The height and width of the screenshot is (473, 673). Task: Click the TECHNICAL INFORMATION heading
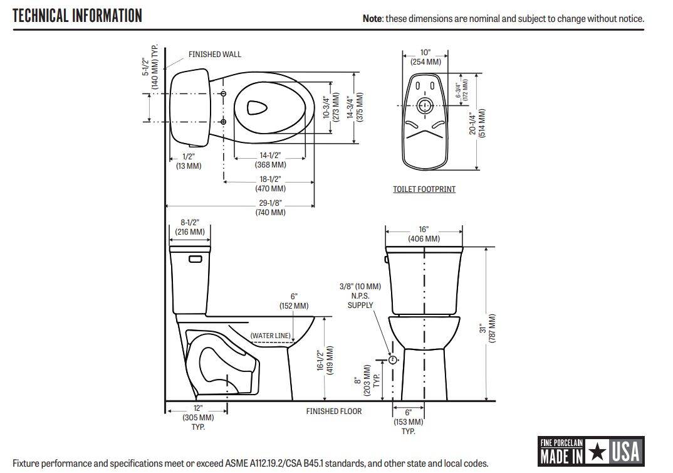pyautogui.click(x=78, y=16)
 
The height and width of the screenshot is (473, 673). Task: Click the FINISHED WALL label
pyautogui.click(x=214, y=55)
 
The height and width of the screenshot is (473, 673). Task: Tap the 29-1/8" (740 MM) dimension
pyautogui.click(x=270, y=208)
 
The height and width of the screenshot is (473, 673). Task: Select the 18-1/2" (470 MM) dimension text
pyautogui.click(x=270, y=184)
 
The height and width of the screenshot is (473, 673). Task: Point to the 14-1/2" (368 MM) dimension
pyautogui.click(x=270, y=160)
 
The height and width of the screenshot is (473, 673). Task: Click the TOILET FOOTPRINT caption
pyautogui.click(x=424, y=189)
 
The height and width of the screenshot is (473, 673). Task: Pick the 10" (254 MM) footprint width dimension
pyautogui.click(x=425, y=57)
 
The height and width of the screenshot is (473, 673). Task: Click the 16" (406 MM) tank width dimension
pyautogui.click(x=424, y=234)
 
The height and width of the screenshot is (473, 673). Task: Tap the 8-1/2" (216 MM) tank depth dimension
pyautogui.click(x=189, y=227)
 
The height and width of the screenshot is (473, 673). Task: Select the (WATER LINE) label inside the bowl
pyautogui.click(x=270, y=336)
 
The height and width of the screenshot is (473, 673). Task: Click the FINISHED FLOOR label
pyautogui.click(x=333, y=412)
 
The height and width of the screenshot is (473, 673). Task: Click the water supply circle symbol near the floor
pyautogui.click(x=393, y=360)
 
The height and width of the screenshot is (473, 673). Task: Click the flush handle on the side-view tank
pyautogui.click(x=195, y=258)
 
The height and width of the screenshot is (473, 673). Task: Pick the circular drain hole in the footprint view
pyautogui.click(x=425, y=105)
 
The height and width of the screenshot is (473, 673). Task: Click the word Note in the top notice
pyautogui.click(x=373, y=19)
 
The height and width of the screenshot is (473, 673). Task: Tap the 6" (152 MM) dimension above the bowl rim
pyautogui.click(x=294, y=300)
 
